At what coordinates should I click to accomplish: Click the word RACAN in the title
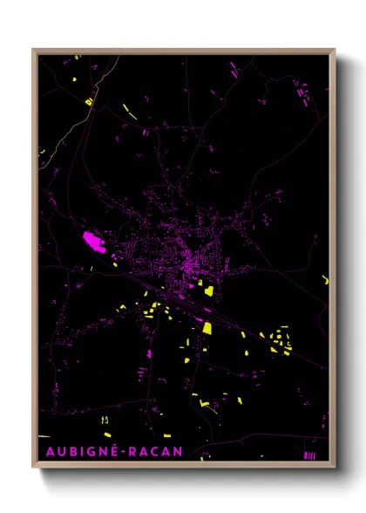pyautogui.click(x=155, y=450)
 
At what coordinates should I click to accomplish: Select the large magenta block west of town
pyautogui.click(x=94, y=242)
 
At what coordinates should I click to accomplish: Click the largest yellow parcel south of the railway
pyautogui.click(x=207, y=329)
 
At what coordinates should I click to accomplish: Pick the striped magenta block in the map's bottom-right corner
pyautogui.click(x=308, y=455)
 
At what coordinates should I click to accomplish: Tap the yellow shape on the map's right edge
pyautogui.click(x=325, y=280)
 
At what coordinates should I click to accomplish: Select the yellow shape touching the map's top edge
pyautogui.click(x=77, y=58)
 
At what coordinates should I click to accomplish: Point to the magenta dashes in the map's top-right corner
pyautogui.click(x=302, y=90)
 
